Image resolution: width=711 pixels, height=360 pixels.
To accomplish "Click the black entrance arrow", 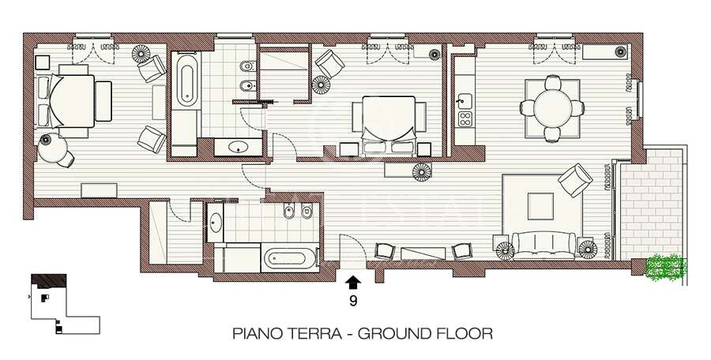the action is (x=353, y=283).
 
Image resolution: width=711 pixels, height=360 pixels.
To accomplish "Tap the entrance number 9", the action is (x=353, y=301).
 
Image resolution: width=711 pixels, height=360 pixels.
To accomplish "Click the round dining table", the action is (x=552, y=108).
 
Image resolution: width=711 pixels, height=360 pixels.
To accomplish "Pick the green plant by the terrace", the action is (x=666, y=268).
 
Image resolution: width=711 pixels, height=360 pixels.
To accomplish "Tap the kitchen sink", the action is (x=465, y=99).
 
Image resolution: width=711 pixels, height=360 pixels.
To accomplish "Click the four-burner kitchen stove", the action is (x=465, y=118).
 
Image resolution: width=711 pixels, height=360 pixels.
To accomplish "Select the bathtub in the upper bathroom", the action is (x=186, y=81).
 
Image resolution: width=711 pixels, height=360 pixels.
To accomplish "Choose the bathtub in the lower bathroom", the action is (x=289, y=259).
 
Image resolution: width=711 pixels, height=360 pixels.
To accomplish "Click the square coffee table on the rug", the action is (x=540, y=206).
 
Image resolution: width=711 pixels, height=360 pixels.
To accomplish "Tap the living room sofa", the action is (x=544, y=245).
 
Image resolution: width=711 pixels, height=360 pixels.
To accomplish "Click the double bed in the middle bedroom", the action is (x=389, y=125).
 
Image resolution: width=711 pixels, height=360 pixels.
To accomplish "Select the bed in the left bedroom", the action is (x=73, y=101).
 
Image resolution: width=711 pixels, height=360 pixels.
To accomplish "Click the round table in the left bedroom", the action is (x=52, y=148).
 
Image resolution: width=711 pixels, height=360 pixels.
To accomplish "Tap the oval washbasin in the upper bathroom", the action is (x=239, y=147).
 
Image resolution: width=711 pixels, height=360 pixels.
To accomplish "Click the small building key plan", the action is (x=65, y=304).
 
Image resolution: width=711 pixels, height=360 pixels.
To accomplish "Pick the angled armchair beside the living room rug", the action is (x=575, y=180).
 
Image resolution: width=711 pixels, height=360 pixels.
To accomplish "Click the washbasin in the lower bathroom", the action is (x=215, y=222).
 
